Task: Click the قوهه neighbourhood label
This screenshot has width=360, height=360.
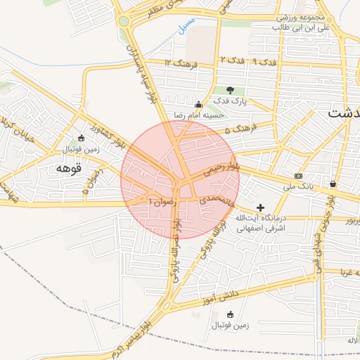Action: tap(68, 169)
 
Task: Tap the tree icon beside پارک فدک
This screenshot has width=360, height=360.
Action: tap(230, 90)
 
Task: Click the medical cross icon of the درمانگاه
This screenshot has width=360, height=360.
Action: tap(261, 207)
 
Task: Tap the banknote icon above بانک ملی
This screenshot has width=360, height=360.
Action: tap(299, 175)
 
